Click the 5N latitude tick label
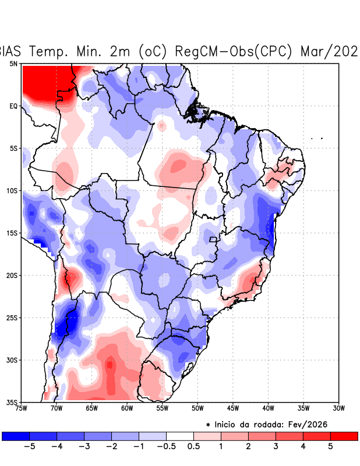(x=13, y=63)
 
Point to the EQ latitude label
(x=13, y=106)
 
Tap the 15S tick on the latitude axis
(x=12, y=233)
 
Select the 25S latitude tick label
(x=12, y=317)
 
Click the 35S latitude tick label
(x=12, y=402)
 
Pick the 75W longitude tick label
(x=22, y=408)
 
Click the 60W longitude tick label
(x=127, y=408)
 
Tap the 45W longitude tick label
(x=233, y=408)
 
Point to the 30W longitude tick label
(x=338, y=408)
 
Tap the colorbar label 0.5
(x=194, y=447)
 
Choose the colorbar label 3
(x=276, y=447)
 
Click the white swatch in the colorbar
(x=180, y=436)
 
